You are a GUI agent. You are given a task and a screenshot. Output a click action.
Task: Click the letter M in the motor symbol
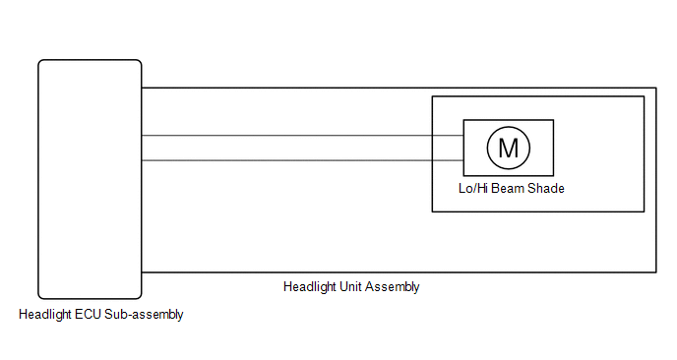point(508,149)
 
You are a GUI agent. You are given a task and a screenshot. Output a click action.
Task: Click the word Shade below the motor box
point(546,189)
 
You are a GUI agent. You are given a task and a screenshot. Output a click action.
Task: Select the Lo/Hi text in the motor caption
point(473,189)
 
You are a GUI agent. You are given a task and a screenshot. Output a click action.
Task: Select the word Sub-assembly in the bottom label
point(144,315)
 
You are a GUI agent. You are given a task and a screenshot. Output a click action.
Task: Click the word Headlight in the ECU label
point(45,315)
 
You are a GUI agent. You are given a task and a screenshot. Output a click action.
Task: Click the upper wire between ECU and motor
point(302,136)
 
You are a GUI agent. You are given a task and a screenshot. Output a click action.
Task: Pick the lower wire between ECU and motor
point(302,160)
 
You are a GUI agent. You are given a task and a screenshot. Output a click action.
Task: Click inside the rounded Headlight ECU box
point(90,179)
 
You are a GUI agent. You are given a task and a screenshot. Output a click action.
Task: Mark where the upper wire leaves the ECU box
point(142,136)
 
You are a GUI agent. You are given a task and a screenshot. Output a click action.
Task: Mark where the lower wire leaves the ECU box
point(142,160)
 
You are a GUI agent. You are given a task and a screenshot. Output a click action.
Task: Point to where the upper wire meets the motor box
point(463,136)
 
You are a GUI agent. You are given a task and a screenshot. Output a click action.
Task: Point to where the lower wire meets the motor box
point(463,160)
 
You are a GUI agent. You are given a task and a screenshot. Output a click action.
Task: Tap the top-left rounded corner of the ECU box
point(40,62)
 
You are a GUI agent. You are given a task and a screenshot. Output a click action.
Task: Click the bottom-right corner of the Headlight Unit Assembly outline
point(656,272)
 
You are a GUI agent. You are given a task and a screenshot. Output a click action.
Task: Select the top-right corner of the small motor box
point(554,120)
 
